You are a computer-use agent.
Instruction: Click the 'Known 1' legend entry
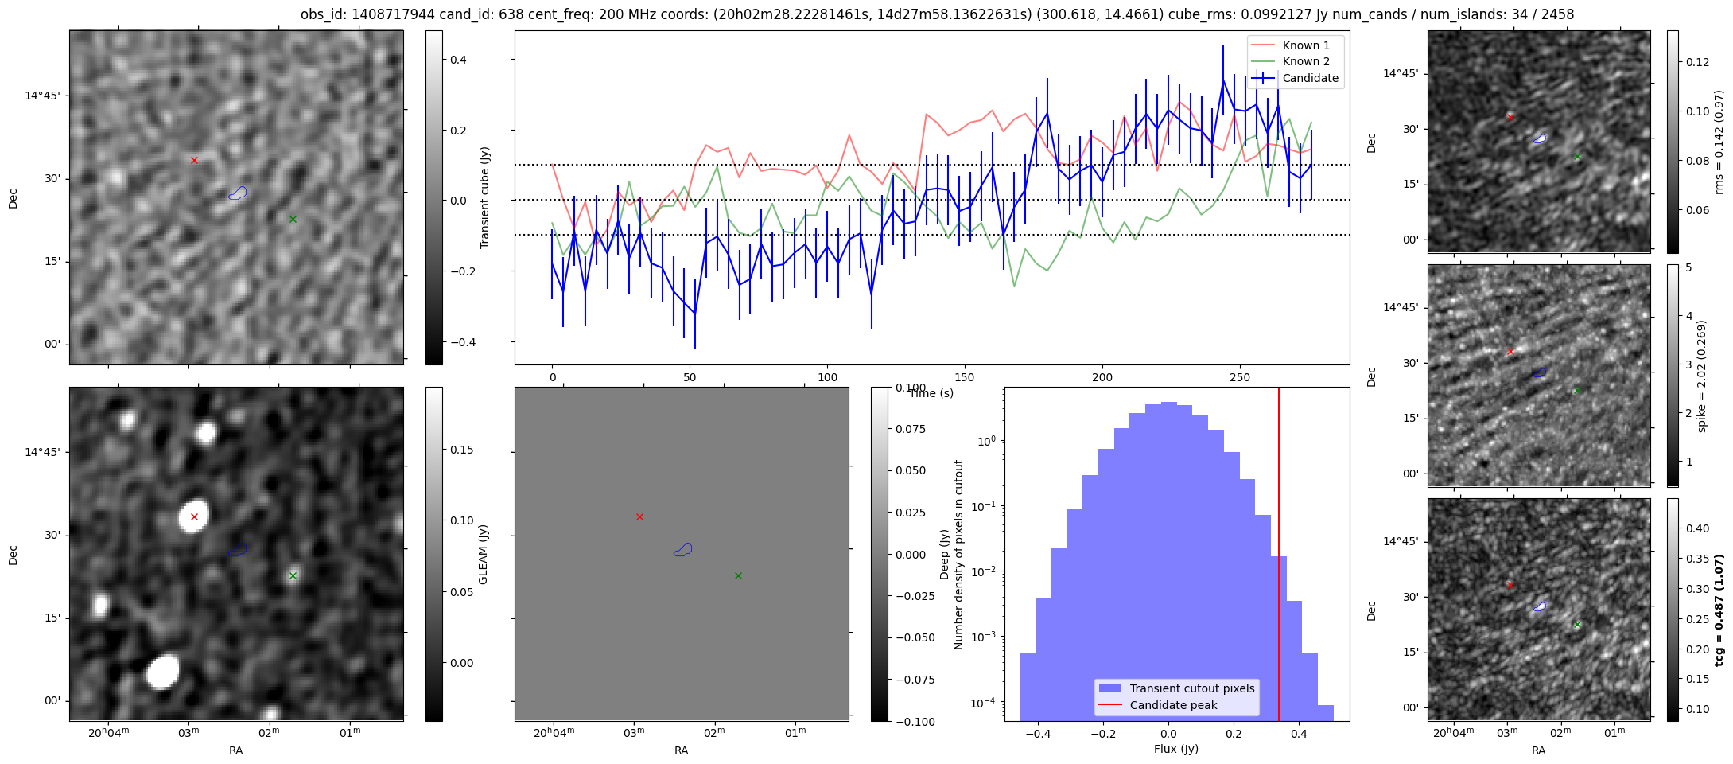click(x=1306, y=45)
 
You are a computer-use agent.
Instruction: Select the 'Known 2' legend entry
click(x=1306, y=61)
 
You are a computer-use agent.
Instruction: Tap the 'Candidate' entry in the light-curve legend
click(x=1311, y=78)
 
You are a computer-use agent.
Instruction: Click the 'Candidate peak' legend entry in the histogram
click(x=1173, y=705)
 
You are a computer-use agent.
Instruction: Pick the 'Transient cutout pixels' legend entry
click(x=1192, y=688)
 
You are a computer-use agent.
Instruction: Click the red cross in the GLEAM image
click(x=194, y=517)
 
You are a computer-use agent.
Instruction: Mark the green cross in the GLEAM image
click(x=293, y=575)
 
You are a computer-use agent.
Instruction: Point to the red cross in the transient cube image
click(x=194, y=160)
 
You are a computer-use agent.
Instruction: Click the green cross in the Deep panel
click(x=738, y=575)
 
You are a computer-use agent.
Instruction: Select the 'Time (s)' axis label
click(x=931, y=393)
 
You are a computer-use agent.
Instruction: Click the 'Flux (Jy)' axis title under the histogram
click(x=1175, y=749)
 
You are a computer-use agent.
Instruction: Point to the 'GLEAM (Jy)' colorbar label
click(x=483, y=554)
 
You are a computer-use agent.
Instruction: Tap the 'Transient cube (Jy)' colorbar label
click(x=484, y=197)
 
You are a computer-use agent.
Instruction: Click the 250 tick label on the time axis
click(x=1240, y=377)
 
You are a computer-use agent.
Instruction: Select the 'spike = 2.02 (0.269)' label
click(x=1702, y=376)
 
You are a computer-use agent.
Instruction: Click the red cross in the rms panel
click(x=1510, y=117)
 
